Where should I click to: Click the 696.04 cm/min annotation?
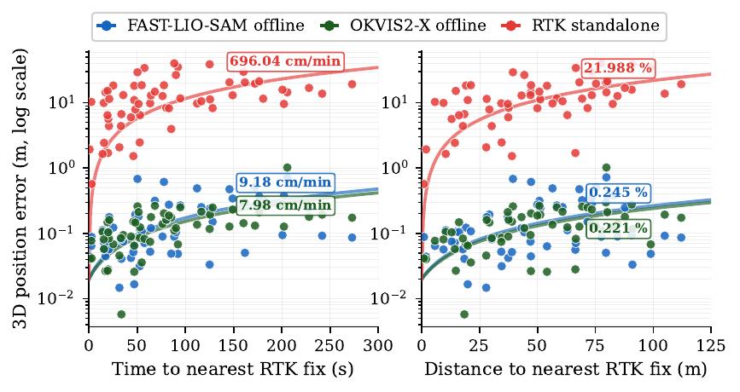[285, 61]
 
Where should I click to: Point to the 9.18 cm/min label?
[285, 182]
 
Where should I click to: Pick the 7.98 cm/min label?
[285, 205]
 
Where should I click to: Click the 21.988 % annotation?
[617, 67]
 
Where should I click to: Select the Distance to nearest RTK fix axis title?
[566, 370]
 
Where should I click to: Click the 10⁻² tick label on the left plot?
[67, 299]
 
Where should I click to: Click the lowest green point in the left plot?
[121, 314]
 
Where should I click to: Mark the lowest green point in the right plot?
[464, 314]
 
